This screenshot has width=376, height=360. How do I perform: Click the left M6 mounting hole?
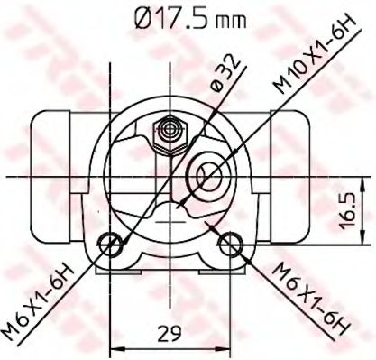pos(111,241)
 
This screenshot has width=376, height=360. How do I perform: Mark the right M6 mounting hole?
pos(232,241)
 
